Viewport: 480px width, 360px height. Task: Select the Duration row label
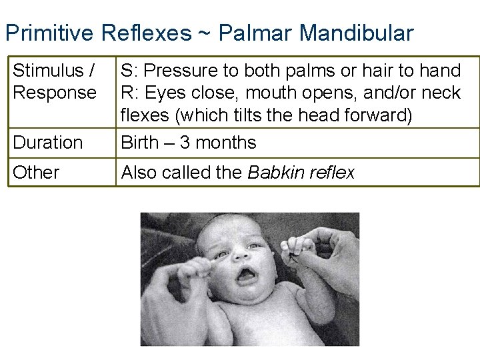tap(48, 142)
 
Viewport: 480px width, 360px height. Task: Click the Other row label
tap(36, 172)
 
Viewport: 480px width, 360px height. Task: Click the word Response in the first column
tap(55, 92)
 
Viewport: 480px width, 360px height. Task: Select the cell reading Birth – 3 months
tap(189, 142)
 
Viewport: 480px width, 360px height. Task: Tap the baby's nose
tap(240, 255)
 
